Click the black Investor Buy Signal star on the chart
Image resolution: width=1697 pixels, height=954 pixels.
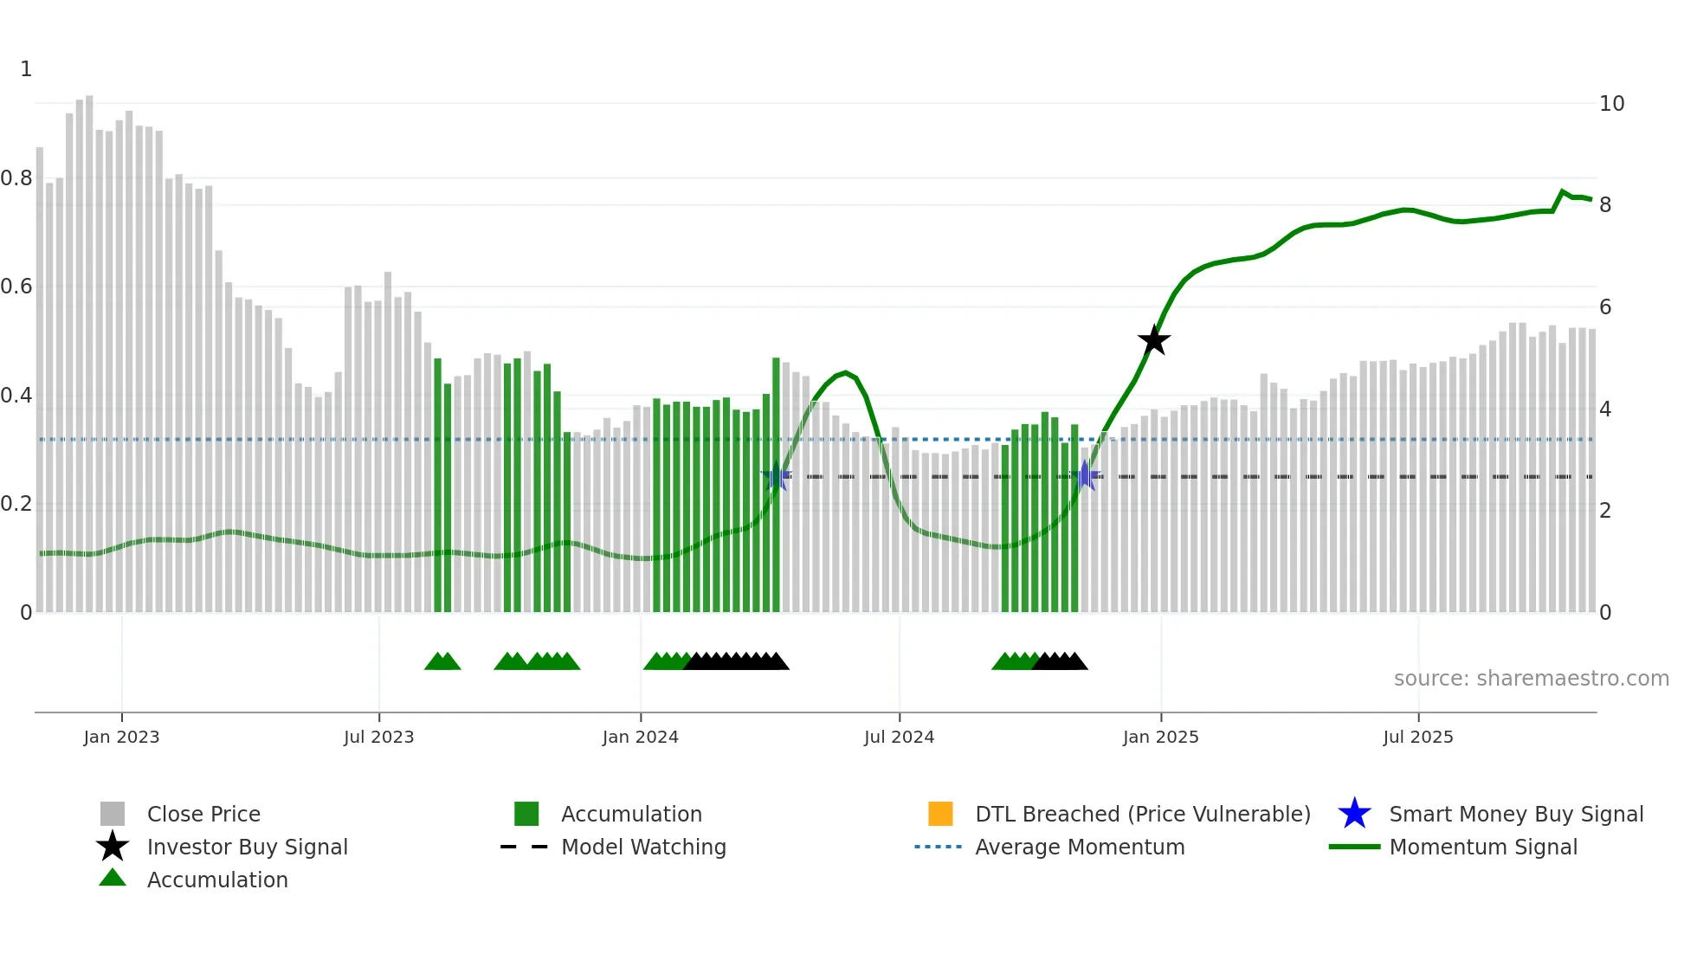click(1153, 341)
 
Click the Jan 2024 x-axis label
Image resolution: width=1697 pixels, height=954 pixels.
click(640, 737)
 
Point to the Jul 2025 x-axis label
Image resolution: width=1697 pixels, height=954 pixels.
click(1417, 737)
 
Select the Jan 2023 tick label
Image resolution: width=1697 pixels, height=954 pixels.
click(121, 737)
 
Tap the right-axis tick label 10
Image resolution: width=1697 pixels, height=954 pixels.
click(1611, 104)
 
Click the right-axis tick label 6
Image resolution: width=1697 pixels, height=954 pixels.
click(1605, 307)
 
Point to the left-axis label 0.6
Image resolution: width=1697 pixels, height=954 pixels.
click(16, 287)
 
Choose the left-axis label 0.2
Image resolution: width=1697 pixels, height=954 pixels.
click(16, 504)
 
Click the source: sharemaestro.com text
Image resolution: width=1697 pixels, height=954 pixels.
click(1531, 679)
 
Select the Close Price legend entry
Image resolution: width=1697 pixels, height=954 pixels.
click(203, 814)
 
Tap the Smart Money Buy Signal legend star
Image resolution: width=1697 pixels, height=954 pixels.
click(1354, 814)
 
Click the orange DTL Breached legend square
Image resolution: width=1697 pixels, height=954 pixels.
click(940, 814)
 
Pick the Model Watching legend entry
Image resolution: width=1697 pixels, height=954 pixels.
click(643, 847)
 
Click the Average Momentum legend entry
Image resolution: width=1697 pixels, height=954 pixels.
click(1079, 847)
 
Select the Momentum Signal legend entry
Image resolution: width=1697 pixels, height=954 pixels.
click(1482, 847)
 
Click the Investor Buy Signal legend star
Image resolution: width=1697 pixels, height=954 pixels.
click(113, 847)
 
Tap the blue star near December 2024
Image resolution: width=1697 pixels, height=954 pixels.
click(1085, 475)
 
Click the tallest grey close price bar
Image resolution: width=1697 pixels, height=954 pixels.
click(89, 346)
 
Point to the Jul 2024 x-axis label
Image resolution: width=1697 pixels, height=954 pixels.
click(899, 737)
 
